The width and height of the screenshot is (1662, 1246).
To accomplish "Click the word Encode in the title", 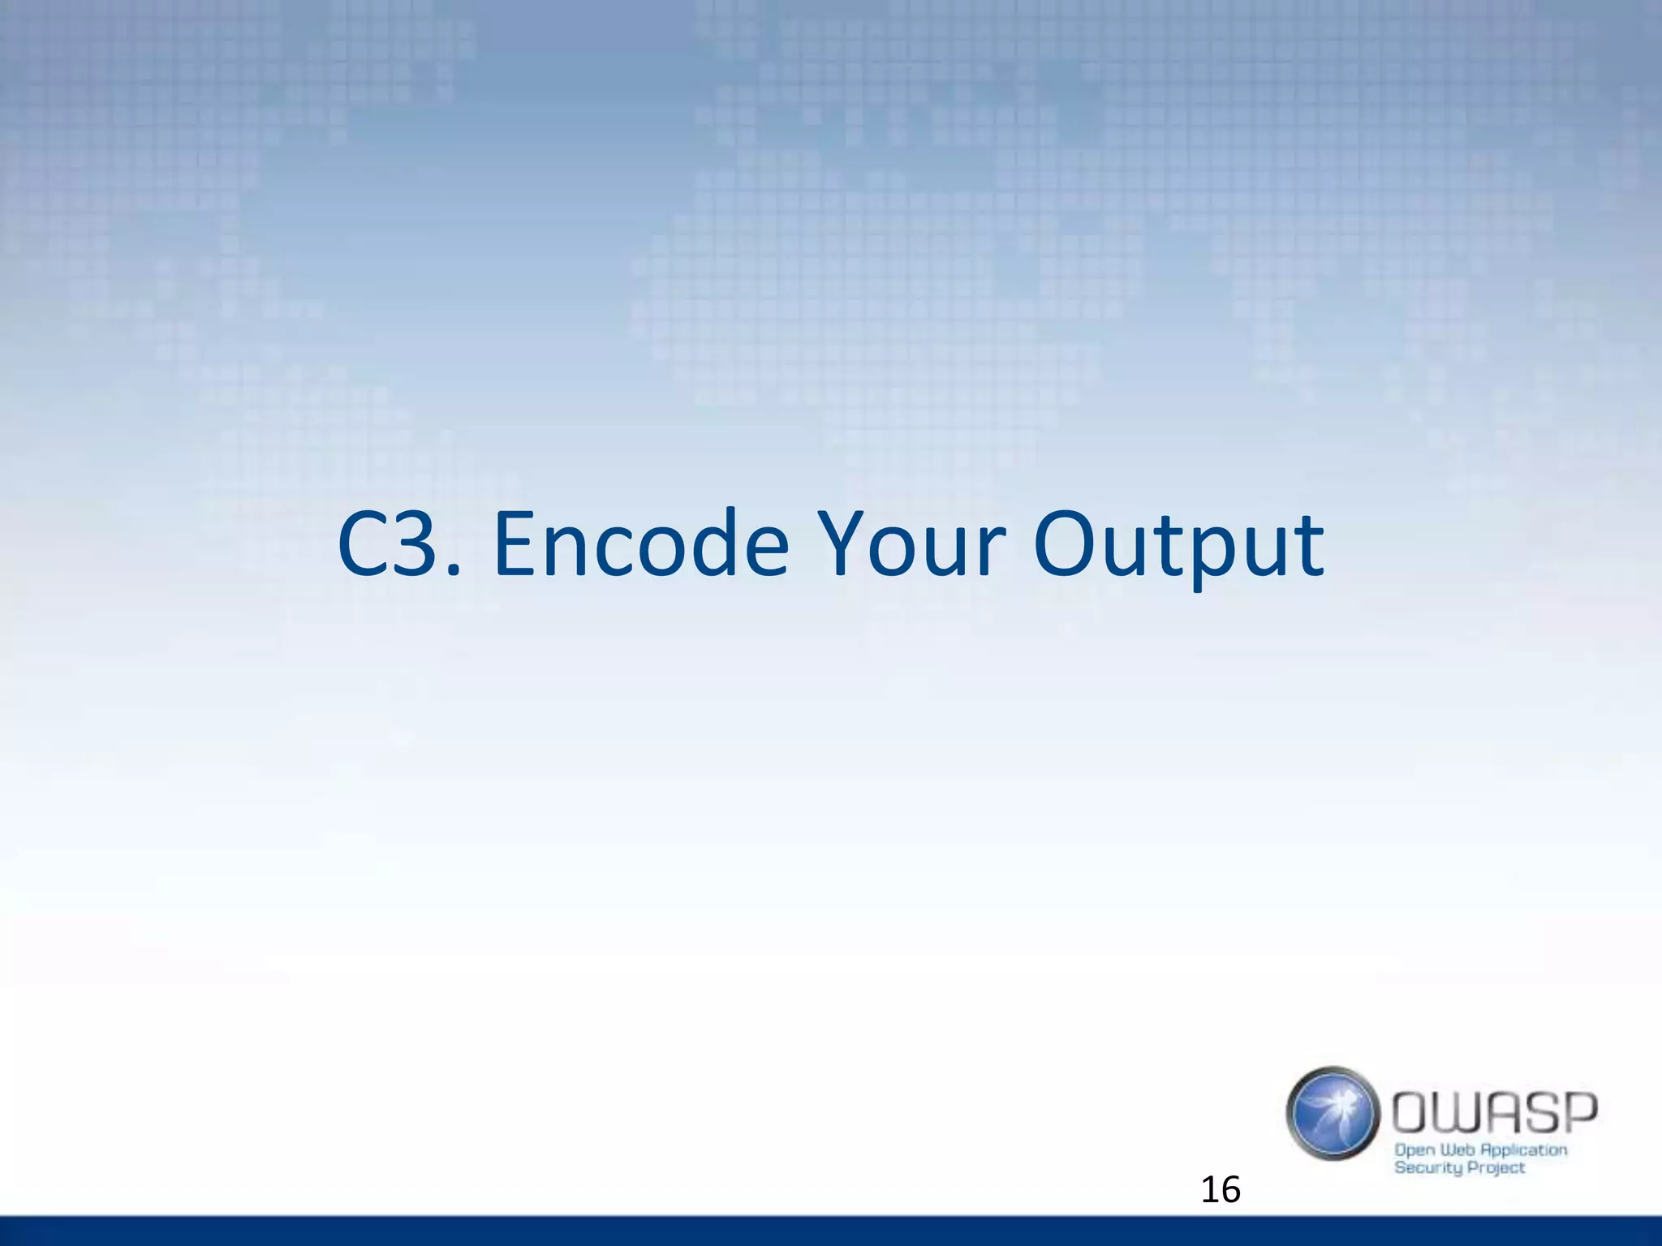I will pos(641,545).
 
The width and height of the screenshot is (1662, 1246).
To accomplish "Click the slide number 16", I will pos(1220,1190).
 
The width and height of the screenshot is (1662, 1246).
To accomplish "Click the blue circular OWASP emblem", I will pos(1333,1113).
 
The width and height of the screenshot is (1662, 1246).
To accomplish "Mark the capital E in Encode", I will pos(517,545).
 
